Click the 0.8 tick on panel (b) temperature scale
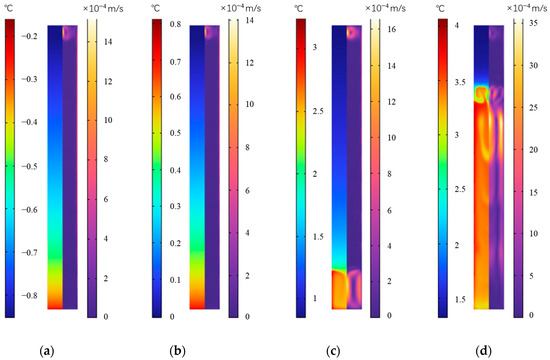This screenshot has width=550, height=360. point(166,22)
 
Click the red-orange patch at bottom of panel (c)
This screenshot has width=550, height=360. point(340,289)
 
